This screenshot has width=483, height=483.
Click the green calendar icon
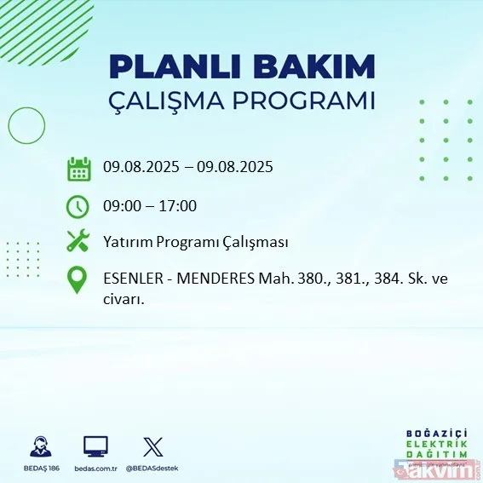78,168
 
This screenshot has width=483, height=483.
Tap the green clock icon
78,205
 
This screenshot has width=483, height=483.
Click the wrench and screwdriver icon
78,242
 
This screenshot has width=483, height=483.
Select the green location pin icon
78,280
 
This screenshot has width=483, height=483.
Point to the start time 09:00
121,205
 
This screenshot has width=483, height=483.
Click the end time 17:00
179,205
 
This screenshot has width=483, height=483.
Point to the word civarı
124,299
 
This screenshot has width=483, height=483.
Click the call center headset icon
39,446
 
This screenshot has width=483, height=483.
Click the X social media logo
152,446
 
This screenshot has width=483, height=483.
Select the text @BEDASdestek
154,469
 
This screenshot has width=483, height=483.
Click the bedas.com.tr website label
95,469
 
